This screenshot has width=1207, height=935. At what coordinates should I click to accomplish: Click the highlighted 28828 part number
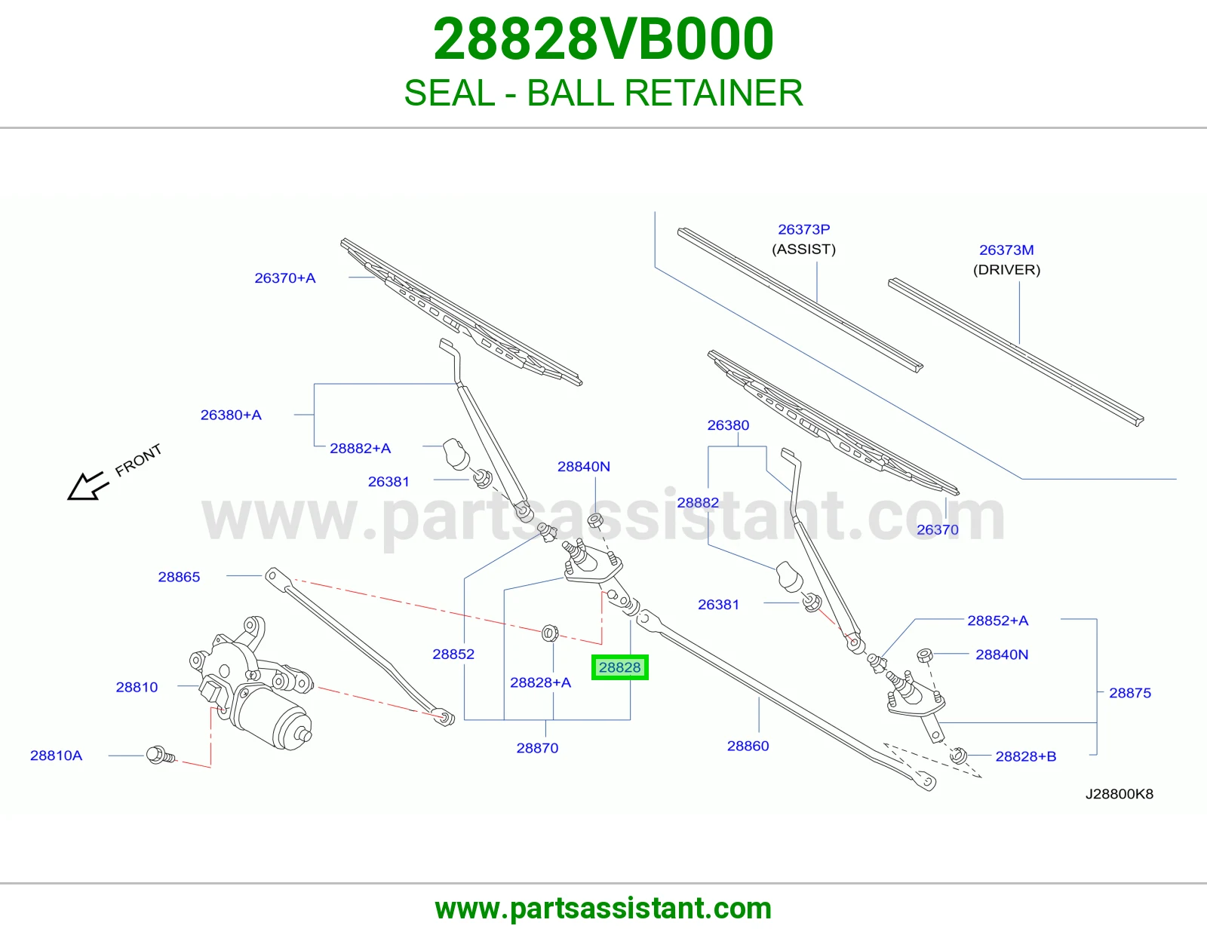[x=619, y=667]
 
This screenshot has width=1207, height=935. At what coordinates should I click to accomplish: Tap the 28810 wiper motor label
[x=137, y=688]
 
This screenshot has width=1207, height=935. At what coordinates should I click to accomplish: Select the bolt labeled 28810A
[x=161, y=755]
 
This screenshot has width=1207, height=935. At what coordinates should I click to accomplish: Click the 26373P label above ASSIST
[x=803, y=229]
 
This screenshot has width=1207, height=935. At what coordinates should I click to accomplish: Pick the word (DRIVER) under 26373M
[x=1006, y=270]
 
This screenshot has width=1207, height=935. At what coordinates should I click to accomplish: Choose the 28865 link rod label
[x=179, y=577]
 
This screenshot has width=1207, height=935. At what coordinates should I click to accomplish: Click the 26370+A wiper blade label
[x=285, y=278]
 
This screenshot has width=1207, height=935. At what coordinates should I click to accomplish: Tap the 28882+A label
[x=360, y=448]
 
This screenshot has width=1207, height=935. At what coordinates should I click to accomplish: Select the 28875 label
[x=1130, y=693]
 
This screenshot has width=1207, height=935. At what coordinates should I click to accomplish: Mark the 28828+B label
[x=1026, y=756]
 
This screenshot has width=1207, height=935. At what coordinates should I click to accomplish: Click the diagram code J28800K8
[x=1119, y=794]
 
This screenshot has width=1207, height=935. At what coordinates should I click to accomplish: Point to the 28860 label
[x=748, y=746]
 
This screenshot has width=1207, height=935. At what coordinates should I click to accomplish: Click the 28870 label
[x=537, y=748]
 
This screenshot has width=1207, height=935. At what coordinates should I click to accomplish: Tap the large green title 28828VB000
[x=603, y=39]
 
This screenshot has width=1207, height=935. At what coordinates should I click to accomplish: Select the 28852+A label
[x=997, y=621]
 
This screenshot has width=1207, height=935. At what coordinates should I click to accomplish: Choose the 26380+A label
[x=231, y=415]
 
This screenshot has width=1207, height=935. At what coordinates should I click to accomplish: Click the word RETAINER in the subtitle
[x=714, y=93]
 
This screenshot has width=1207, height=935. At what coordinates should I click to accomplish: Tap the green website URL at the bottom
[x=603, y=909]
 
